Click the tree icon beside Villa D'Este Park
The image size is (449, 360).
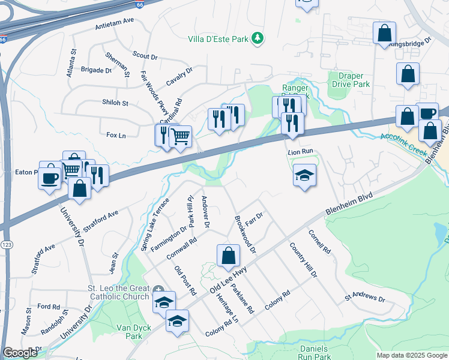(x=258, y=38)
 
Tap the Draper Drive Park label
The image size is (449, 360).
(x=351, y=80)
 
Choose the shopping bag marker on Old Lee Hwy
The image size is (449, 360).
(x=228, y=256)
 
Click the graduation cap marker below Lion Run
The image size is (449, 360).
(x=304, y=175)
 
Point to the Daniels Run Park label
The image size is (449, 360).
(x=313, y=352)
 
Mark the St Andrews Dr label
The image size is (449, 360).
(x=364, y=298)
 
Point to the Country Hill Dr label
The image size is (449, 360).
(x=303, y=260)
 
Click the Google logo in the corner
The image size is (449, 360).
(x=20, y=353)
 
